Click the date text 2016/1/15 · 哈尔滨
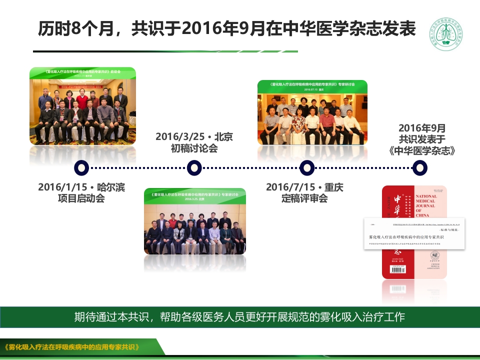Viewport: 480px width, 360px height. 81,187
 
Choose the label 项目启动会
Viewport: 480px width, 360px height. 81,199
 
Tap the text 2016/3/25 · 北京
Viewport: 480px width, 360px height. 194,136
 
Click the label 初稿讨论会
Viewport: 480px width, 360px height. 194,148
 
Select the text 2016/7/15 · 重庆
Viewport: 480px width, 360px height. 304,187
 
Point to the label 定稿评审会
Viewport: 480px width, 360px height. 304,199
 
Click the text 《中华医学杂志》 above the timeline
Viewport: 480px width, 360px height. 422,150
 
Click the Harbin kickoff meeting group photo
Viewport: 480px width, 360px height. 82,106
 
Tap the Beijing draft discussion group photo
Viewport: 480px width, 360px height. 195,221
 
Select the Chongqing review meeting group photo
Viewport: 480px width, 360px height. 312,112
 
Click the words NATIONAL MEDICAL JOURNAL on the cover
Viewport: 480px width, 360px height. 426,202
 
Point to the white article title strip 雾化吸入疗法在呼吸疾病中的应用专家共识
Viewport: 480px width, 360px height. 406,236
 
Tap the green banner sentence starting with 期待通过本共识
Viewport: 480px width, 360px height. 239,317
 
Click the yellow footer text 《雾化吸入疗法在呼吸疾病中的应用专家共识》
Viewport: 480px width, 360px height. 71,347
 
